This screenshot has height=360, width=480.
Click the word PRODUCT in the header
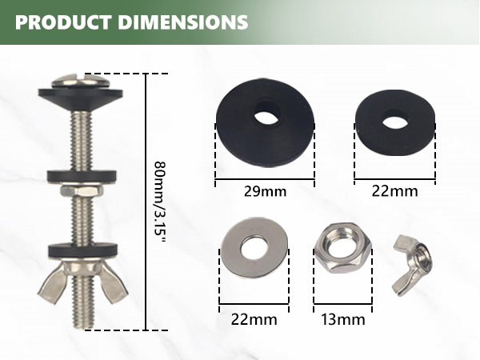point(63,22)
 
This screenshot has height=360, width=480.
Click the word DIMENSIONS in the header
point(183,22)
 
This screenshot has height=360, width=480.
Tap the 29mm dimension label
point(265,192)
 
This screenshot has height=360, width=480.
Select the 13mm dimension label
point(343,319)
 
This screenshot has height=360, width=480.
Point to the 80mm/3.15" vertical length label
point(160,202)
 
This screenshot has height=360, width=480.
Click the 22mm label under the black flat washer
point(394,191)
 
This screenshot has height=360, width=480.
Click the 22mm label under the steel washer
point(254,319)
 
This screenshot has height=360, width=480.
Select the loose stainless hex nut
point(343,248)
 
